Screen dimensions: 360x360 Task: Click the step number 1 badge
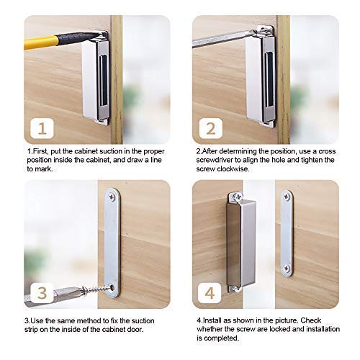pyautogui.click(x=42, y=129)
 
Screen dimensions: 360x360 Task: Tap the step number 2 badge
pyautogui.click(x=210, y=129)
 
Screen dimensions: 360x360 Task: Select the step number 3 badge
pyautogui.click(x=42, y=293)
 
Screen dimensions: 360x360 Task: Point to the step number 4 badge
pyautogui.click(x=210, y=293)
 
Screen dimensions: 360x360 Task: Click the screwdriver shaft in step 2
pyautogui.click(x=216, y=39)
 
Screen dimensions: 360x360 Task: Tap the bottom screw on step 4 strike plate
pyautogui.click(x=287, y=269)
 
